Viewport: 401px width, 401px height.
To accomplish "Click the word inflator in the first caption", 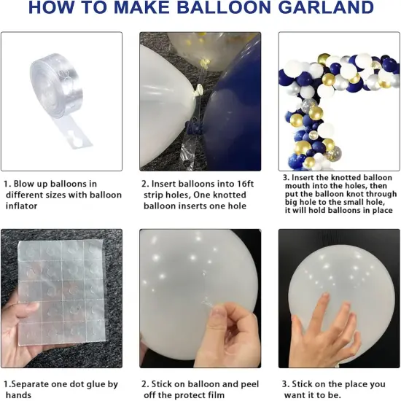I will [x=23, y=206].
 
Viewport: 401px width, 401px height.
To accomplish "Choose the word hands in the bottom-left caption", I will [x=17, y=394].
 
